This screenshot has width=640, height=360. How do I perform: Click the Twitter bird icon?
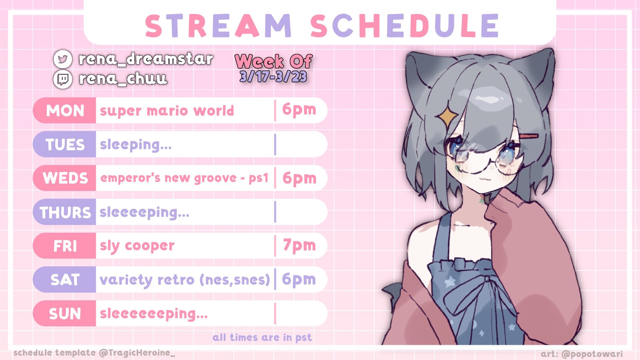(x=63, y=59)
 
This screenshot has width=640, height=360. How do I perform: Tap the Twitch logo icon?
(x=63, y=79)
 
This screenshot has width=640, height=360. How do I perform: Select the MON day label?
(x=65, y=111)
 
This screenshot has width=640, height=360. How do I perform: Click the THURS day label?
(x=65, y=212)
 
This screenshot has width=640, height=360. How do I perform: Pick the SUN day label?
(x=65, y=314)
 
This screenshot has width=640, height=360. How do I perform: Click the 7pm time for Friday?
(x=299, y=246)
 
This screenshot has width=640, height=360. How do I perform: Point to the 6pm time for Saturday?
(x=299, y=279)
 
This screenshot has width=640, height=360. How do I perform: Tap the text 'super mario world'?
(x=167, y=111)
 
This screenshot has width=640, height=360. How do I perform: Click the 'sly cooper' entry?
(x=137, y=246)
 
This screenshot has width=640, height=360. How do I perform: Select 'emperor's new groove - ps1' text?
(x=184, y=178)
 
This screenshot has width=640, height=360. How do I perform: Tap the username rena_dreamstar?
(x=146, y=59)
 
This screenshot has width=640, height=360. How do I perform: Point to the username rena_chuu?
(x=123, y=79)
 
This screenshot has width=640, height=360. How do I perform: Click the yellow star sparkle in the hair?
(x=448, y=116)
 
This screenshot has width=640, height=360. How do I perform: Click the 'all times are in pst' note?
(x=262, y=338)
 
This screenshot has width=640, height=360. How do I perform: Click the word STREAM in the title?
(x=219, y=26)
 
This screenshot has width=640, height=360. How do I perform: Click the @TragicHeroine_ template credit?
(x=137, y=353)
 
